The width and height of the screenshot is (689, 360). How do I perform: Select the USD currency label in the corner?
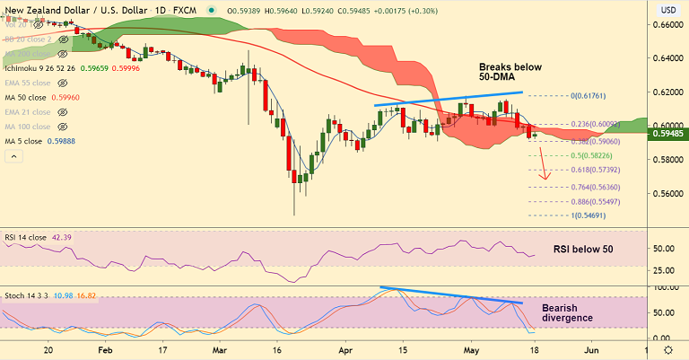click(x=667, y=10)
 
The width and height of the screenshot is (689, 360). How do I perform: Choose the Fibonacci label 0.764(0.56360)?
click(x=590, y=187)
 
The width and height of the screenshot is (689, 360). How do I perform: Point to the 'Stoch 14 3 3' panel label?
click(x=25, y=295)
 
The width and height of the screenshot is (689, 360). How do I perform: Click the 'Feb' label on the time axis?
click(x=104, y=351)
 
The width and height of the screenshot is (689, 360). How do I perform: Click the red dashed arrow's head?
click(x=544, y=177)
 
